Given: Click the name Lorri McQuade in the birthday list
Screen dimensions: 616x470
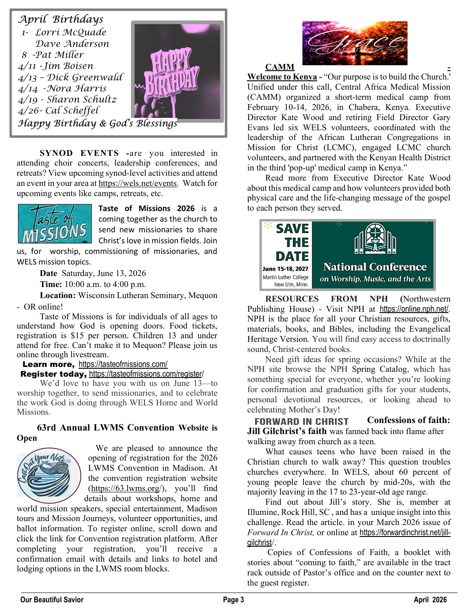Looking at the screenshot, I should [71, 32].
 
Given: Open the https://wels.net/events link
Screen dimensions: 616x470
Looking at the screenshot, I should [137, 183].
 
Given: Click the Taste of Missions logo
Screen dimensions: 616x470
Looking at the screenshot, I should [55, 223].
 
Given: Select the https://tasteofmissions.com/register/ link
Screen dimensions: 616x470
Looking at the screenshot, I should [146, 374].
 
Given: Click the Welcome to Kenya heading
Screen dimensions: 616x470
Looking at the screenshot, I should [282, 77].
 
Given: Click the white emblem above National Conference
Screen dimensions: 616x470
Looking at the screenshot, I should [375, 242].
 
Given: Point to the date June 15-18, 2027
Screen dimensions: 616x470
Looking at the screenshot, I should [285, 268].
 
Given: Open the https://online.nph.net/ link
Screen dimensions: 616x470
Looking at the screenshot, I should [414, 309].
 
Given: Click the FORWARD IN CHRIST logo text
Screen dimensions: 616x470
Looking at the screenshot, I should [301, 422].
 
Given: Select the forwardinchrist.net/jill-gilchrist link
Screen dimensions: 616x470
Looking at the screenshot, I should [405, 533].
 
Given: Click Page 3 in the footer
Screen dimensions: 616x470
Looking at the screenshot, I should [233, 600].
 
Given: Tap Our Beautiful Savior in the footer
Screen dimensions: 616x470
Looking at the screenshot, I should [52, 600].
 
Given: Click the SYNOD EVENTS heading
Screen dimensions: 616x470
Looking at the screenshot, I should [79, 153].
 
